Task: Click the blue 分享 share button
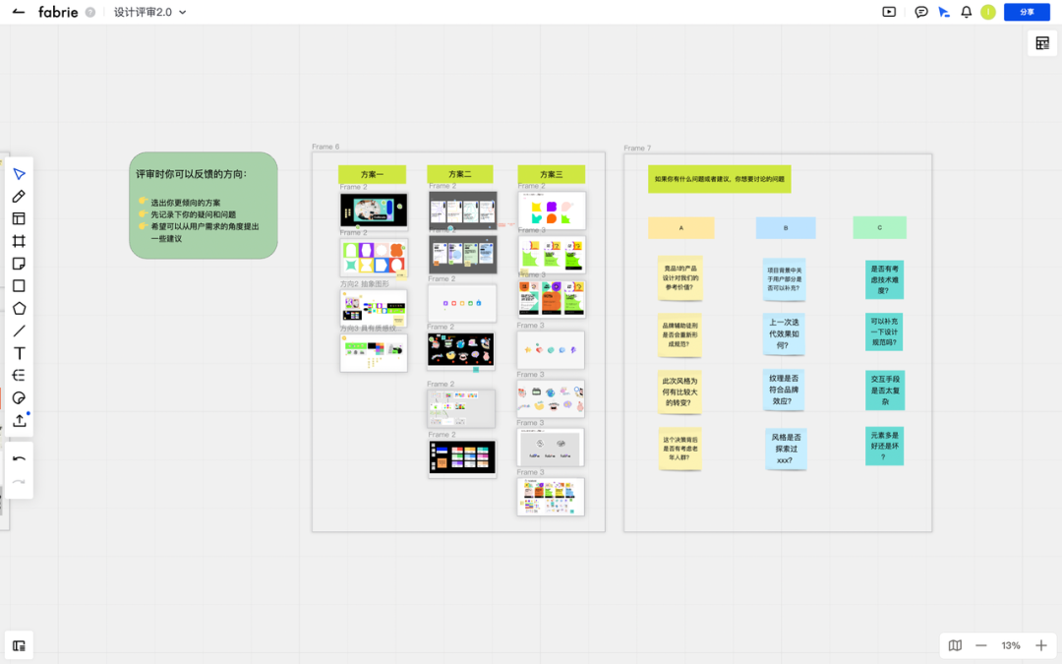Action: pyautogui.click(x=1027, y=12)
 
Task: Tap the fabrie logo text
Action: pyautogui.click(x=58, y=12)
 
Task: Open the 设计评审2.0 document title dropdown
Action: pyautogui.click(x=149, y=12)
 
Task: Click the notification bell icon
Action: pyautogui.click(x=967, y=12)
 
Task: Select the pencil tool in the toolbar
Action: pyautogui.click(x=19, y=197)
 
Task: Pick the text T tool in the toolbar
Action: pyautogui.click(x=19, y=353)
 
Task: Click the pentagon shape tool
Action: pyautogui.click(x=19, y=308)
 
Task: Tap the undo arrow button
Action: pyautogui.click(x=19, y=459)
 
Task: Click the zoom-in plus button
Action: pyautogui.click(x=1041, y=645)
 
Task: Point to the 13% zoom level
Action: pyautogui.click(x=1011, y=645)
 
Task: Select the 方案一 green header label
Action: pyautogui.click(x=372, y=174)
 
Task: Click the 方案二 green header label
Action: pyautogui.click(x=459, y=174)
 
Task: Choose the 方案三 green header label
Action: pyautogui.click(x=551, y=174)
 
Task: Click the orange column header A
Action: pyautogui.click(x=680, y=227)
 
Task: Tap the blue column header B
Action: pyautogui.click(x=786, y=227)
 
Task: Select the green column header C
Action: pyautogui.click(x=879, y=227)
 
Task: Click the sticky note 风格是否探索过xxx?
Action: pyautogui.click(x=786, y=448)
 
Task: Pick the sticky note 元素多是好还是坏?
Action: pyautogui.click(x=884, y=445)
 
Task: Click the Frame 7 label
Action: pyautogui.click(x=637, y=149)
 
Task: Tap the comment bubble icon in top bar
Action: pyautogui.click(x=921, y=12)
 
